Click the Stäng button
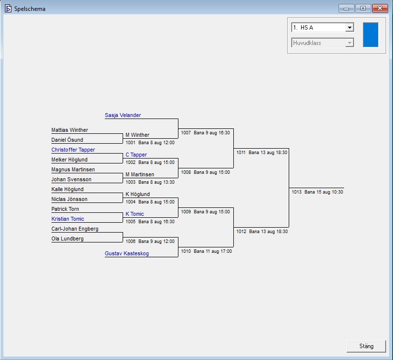(366, 346)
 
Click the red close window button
(379, 8)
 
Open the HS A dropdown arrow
(349, 28)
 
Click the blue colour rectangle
(370, 35)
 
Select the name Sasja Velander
(123, 115)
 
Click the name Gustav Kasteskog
(127, 253)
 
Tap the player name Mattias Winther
(70, 130)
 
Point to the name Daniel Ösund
(67, 140)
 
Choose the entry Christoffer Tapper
(73, 150)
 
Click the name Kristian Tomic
(68, 219)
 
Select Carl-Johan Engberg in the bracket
(75, 229)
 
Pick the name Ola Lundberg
(67, 239)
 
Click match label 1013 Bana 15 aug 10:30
(317, 192)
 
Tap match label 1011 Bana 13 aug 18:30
(262, 153)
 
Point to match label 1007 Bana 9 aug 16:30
(205, 132)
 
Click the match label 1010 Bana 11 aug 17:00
(206, 251)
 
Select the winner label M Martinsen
(139, 174)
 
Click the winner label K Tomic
(134, 214)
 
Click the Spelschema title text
(30, 9)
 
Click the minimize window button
(347, 8)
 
